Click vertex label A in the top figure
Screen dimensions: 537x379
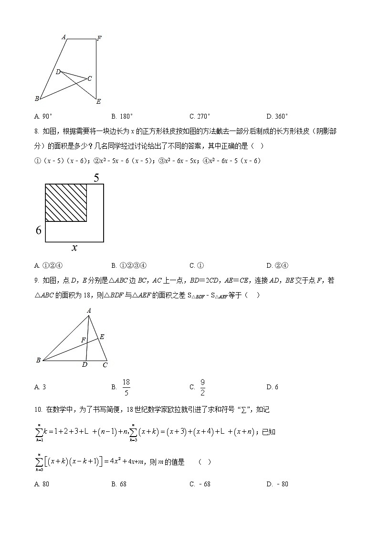point(63,36)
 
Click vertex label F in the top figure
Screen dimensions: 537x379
point(99,38)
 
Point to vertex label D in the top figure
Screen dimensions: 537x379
point(58,72)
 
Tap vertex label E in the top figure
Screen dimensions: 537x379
point(98,101)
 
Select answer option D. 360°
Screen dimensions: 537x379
point(277,116)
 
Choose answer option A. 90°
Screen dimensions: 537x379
point(43,116)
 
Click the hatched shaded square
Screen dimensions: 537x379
point(66,203)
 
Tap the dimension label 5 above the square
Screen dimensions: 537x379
point(96,178)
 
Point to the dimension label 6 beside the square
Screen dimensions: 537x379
point(39,230)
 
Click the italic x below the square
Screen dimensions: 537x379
point(74,248)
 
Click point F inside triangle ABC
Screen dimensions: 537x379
point(84,340)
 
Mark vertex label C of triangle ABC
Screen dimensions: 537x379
point(105,365)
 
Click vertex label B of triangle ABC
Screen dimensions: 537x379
point(38,361)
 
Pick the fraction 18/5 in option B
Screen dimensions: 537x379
point(126,387)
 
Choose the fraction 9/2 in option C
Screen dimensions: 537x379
point(202,387)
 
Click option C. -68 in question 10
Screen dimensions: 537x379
point(200,484)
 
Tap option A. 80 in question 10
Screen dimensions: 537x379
point(42,484)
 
